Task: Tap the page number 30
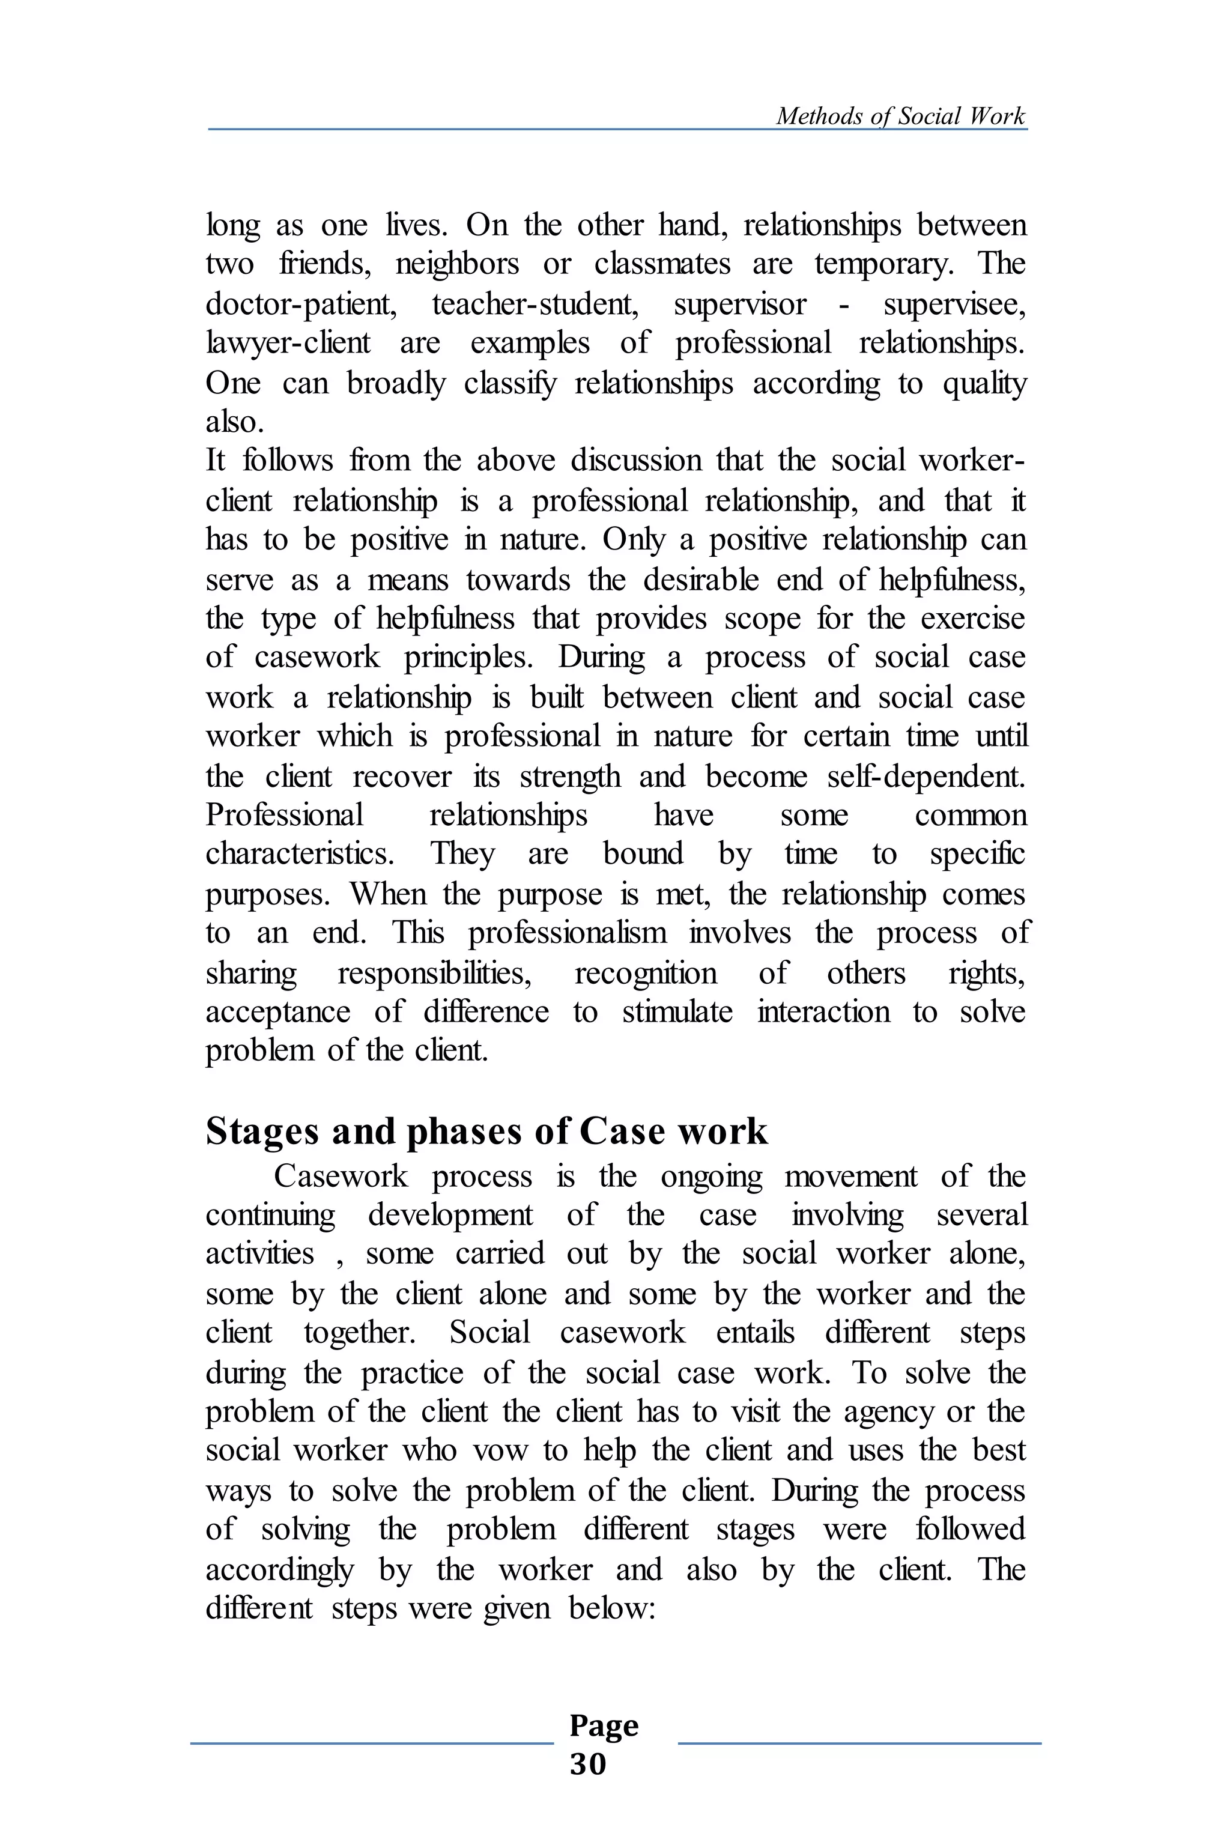click(587, 1763)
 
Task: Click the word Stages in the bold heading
click(262, 1132)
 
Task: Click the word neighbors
click(456, 264)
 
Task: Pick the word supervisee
click(954, 303)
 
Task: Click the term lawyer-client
click(288, 343)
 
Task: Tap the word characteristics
click(300, 853)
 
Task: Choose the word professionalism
click(567, 933)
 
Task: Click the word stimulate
click(677, 1012)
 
